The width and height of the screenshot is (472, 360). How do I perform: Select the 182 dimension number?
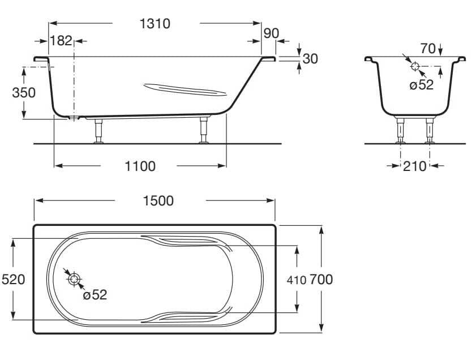pyautogui.click(x=61, y=41)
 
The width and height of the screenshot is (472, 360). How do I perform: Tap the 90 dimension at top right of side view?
pyautogui.click(x=271, y=33)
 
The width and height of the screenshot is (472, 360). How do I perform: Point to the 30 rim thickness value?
pyautogui.click(x=310, y=58)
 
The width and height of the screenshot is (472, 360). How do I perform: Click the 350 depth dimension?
pyautogui.click(x=24, y=92)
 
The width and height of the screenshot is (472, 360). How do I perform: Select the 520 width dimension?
pyautogui.click(x=13, y=279)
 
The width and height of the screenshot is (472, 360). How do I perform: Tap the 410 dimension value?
pyautogui.click(x=296, y=280)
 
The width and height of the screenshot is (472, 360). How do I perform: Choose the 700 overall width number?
pyautogui.click(x=321, y=279)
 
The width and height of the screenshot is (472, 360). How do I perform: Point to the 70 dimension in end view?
pyautogui.click(x=428, y=49)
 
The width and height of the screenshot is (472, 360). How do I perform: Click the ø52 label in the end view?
pyautogui.click(x=421, y=85)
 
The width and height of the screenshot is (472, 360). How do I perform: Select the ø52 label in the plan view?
pyautogui.click(x=95, y=294)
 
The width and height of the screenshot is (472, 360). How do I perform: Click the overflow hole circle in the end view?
pyautogui.click(x=415, y=66)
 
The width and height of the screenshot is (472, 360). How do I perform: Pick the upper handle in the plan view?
pyautogui.click(x=187, y=241)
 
